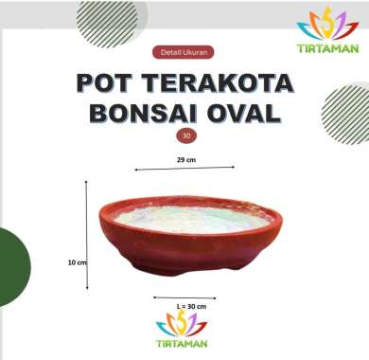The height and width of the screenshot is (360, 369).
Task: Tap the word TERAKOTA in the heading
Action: tap(216, 83)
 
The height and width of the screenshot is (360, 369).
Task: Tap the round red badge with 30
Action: tap(185, 135)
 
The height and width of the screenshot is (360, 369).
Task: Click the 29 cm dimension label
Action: tap(185, 160)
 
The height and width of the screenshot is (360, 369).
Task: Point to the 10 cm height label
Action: tap(77, 261)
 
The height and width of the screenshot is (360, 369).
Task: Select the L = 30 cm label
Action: tap(191, 306)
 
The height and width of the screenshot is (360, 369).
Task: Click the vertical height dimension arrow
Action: tap(88, 237)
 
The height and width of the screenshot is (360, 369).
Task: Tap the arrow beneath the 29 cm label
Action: tap(185, 169)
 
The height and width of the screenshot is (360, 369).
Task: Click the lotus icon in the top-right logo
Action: tap(327, 23)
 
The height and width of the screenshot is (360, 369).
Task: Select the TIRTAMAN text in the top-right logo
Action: tap(327, 48)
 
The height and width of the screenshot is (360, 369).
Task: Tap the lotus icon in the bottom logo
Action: tap(181, 325)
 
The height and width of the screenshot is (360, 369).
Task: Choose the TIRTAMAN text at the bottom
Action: tap(181, 343)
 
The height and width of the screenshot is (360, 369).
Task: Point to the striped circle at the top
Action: tap(107, 21)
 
